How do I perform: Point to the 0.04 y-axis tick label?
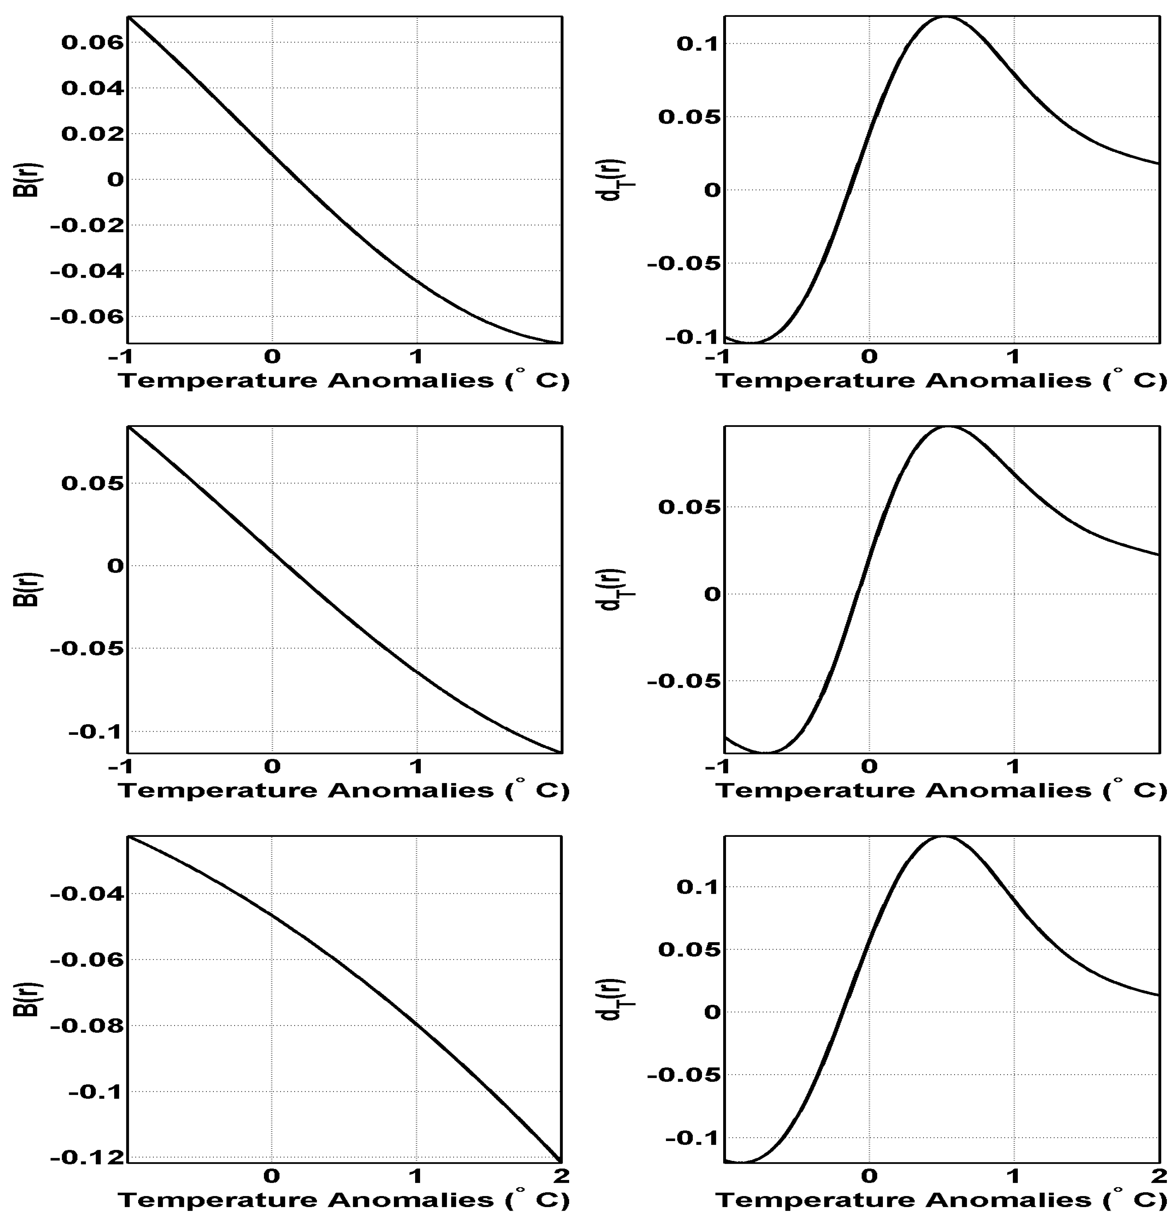pos(92,88)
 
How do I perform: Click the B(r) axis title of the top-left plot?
pos(26,179)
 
